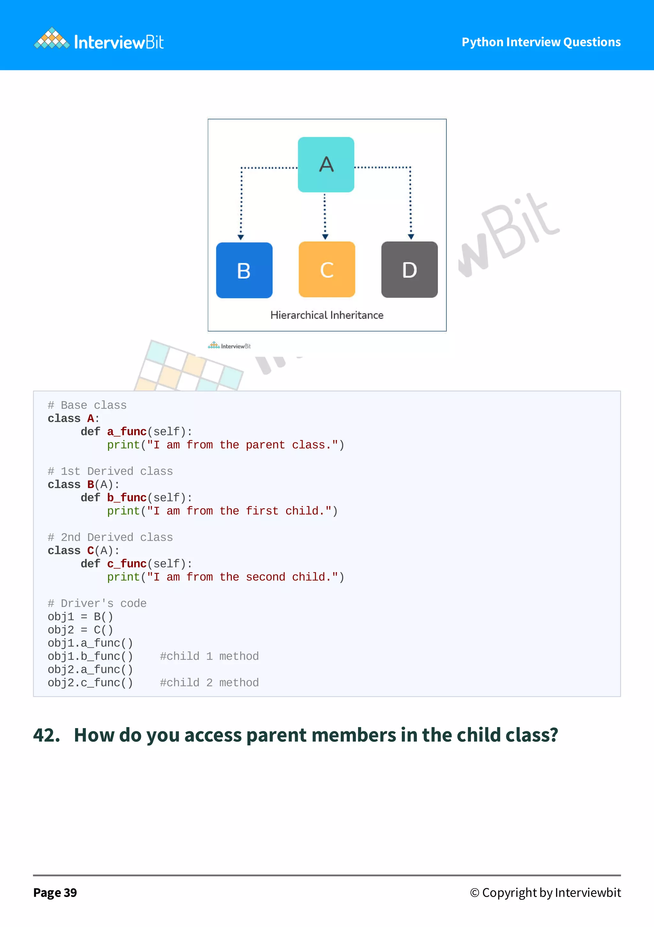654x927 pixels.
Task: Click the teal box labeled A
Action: click(326, 164)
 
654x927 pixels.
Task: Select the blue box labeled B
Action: click(244, 270)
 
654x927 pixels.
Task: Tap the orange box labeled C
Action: click(327, 269)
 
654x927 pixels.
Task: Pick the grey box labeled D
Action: click(409, 269)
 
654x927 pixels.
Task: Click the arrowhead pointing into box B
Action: click(240, 237)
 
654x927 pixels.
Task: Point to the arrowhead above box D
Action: click(411, 237)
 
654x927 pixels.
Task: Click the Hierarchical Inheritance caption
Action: click(327, 315)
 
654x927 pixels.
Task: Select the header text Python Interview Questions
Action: click(541, 42)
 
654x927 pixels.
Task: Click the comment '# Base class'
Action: click(87, 405)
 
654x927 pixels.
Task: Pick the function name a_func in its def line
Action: click(126, 432)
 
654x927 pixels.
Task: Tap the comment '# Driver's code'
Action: click(97, 603)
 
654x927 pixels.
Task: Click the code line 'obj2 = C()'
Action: click(80, 630)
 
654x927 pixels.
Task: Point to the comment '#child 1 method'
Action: click(209, 656)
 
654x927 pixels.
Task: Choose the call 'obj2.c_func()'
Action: click(90, 683)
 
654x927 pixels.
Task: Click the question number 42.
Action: click(46, 735)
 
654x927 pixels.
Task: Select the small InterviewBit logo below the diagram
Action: click(229, 346)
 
